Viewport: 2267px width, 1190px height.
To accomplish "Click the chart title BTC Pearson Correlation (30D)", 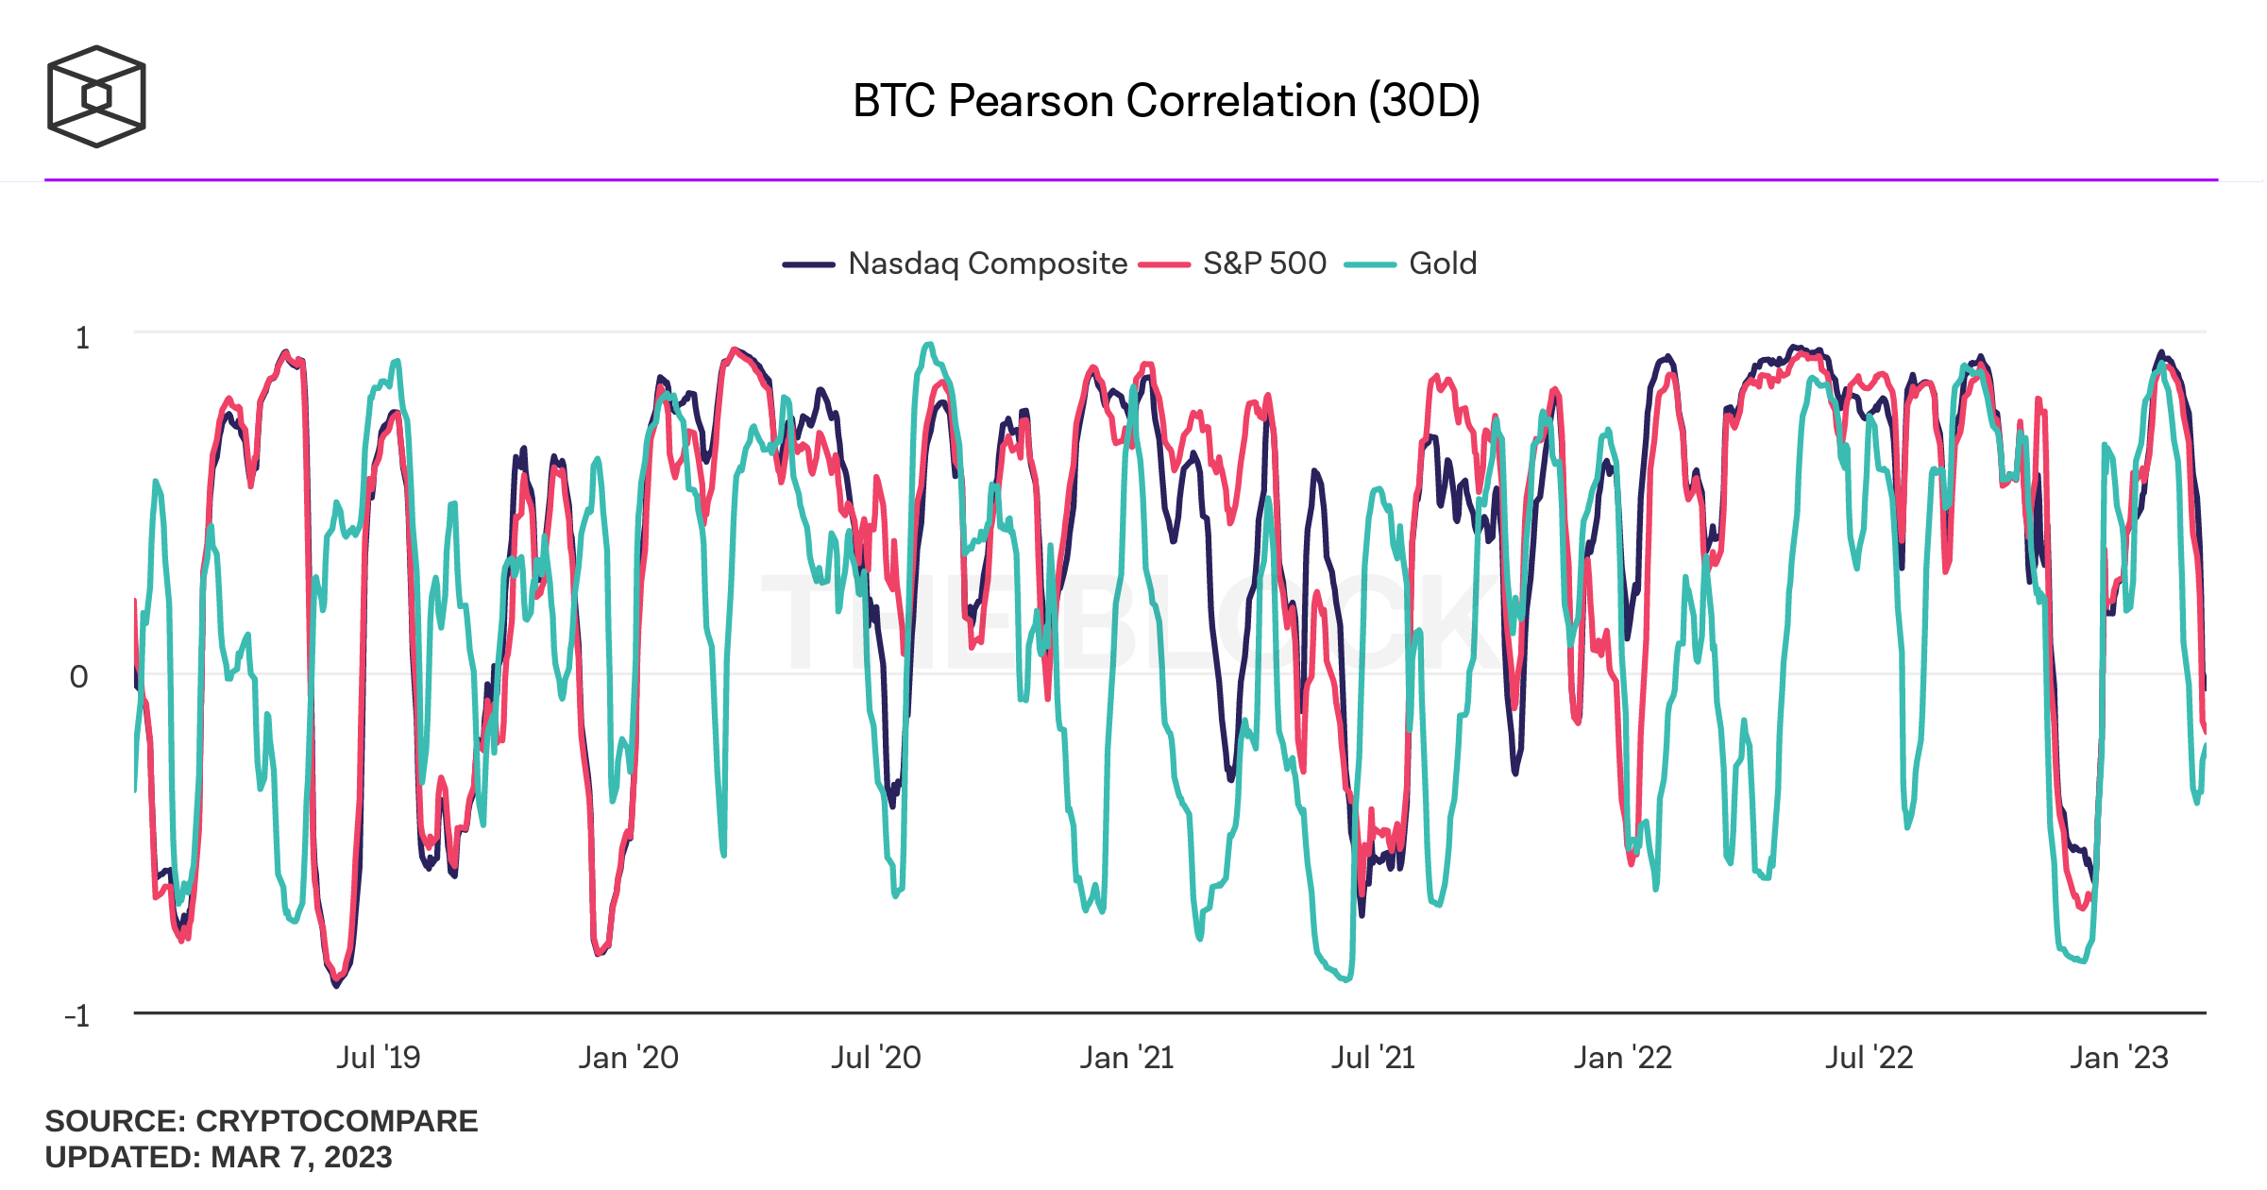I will [x=1166, y=100].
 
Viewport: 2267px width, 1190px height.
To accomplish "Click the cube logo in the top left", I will [x=96, y=96].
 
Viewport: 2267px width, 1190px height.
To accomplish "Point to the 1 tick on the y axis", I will [x=83, y=338].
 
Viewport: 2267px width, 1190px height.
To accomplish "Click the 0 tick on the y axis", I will [x=79, y=676].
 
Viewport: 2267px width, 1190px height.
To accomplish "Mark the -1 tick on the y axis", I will [x=77, y=1016].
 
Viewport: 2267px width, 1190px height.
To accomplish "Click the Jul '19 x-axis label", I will [x=378, y=1058].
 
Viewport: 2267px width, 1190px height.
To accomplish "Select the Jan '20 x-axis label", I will [x=628, y=1058].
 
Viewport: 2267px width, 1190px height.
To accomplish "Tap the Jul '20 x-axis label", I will [x=875, y=1058].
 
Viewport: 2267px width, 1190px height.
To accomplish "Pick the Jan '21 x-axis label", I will [x=1126, y=1058].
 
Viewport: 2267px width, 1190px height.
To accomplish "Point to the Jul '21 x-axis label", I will [x=1373, y=1058].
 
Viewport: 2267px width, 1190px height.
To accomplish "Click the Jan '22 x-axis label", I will [x=1622, y=1058].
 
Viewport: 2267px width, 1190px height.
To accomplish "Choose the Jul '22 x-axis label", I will [x=1869, y=1058].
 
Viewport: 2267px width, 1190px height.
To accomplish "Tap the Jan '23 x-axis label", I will [x=2119, y=1058].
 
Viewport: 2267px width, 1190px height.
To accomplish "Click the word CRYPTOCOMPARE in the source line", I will [x=336, y=1121].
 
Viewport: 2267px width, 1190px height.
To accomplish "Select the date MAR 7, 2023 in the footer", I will [x=301, y=1157].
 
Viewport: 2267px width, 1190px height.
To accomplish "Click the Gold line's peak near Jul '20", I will [x=929, y=345].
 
